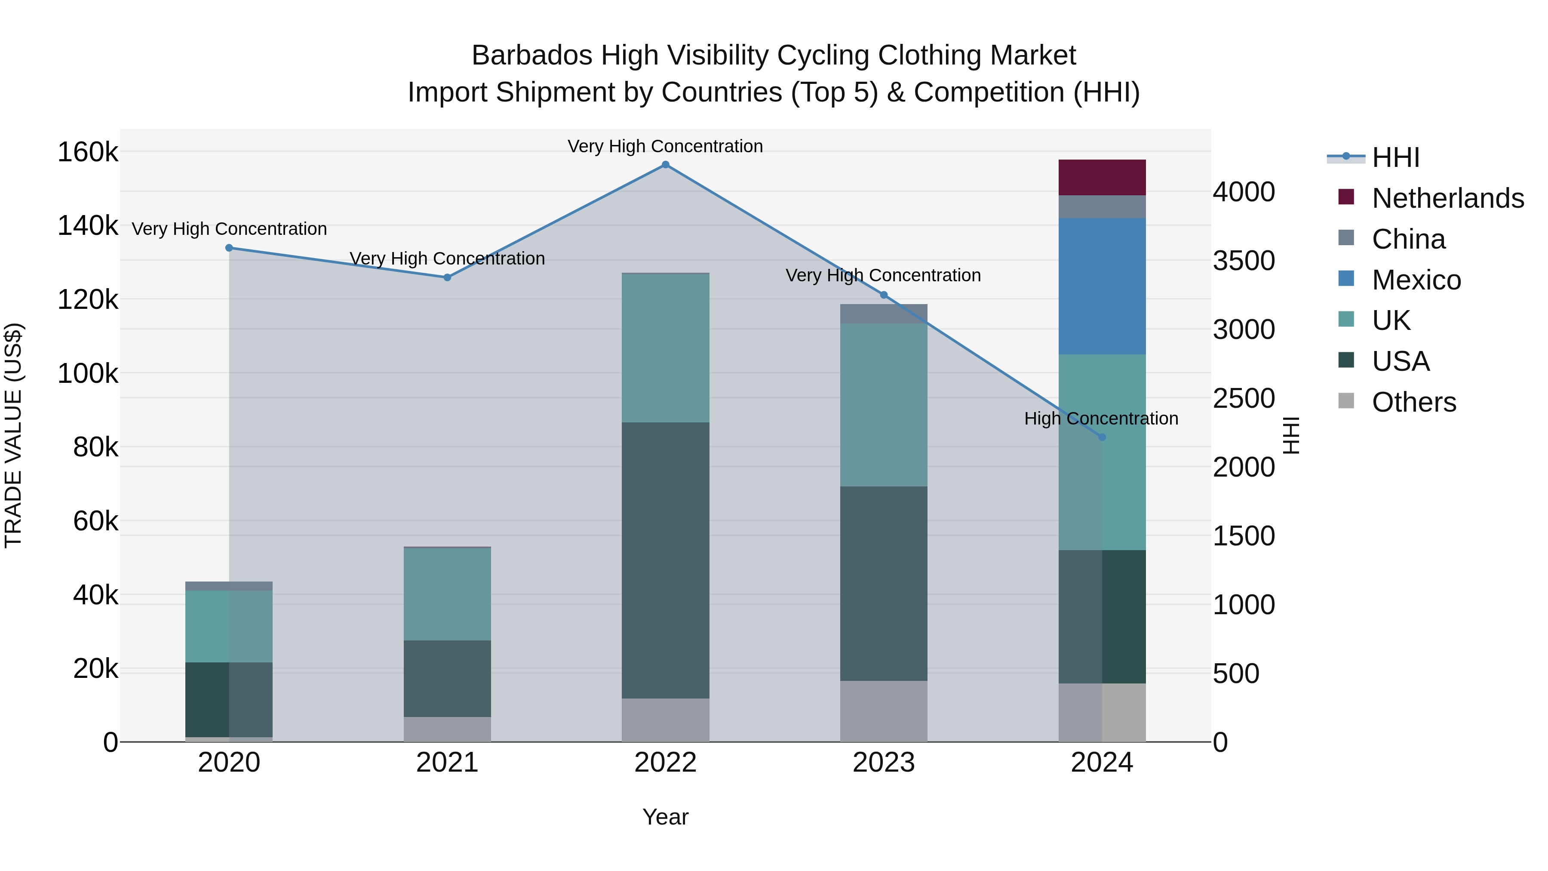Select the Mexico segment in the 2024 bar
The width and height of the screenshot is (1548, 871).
(x=1102, y=286)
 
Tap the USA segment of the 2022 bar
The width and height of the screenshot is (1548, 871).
(x=665, y=560)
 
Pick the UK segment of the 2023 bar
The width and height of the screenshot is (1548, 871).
(x=883, y=405)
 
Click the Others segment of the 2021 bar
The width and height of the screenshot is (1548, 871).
(x=447, y=729)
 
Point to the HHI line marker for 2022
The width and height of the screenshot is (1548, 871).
(x=665, y=165)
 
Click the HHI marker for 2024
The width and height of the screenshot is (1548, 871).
(x=1102, y=437)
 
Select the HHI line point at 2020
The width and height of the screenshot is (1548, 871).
(x=229, y=248)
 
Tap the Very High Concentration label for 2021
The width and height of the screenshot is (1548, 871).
(x=447, y=259)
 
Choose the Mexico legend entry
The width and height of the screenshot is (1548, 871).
(x=1416, y=280)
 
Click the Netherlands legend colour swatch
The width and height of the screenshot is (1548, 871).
(x=1346, y=197)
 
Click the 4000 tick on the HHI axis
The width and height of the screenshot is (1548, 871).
(x=1243, y=192)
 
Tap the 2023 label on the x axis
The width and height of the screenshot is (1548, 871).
(x=883, y=763)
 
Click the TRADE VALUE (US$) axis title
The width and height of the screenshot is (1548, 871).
(x=13, y=435)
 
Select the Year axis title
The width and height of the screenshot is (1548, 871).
(x=665, y=817)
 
